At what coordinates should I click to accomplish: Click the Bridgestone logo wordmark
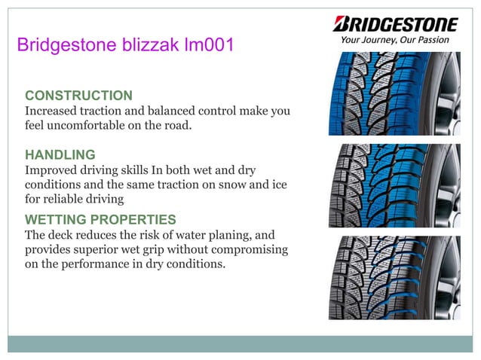pyautogui.click(x=395, y=23)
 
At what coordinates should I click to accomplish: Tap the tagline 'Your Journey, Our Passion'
pyautogui.click(x=394, y=40)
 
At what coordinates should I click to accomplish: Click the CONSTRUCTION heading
pyautogui.click(x=78, y=96)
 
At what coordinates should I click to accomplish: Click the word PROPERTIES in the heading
pyautogui.click(x=134, y=219)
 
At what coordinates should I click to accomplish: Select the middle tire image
pyautogui.click(x=394, y=185)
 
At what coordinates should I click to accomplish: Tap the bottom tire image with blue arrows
pyautogui.click(x=394, y=278)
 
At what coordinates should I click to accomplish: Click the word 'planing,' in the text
pyautogui.click(x=231, y=234)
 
